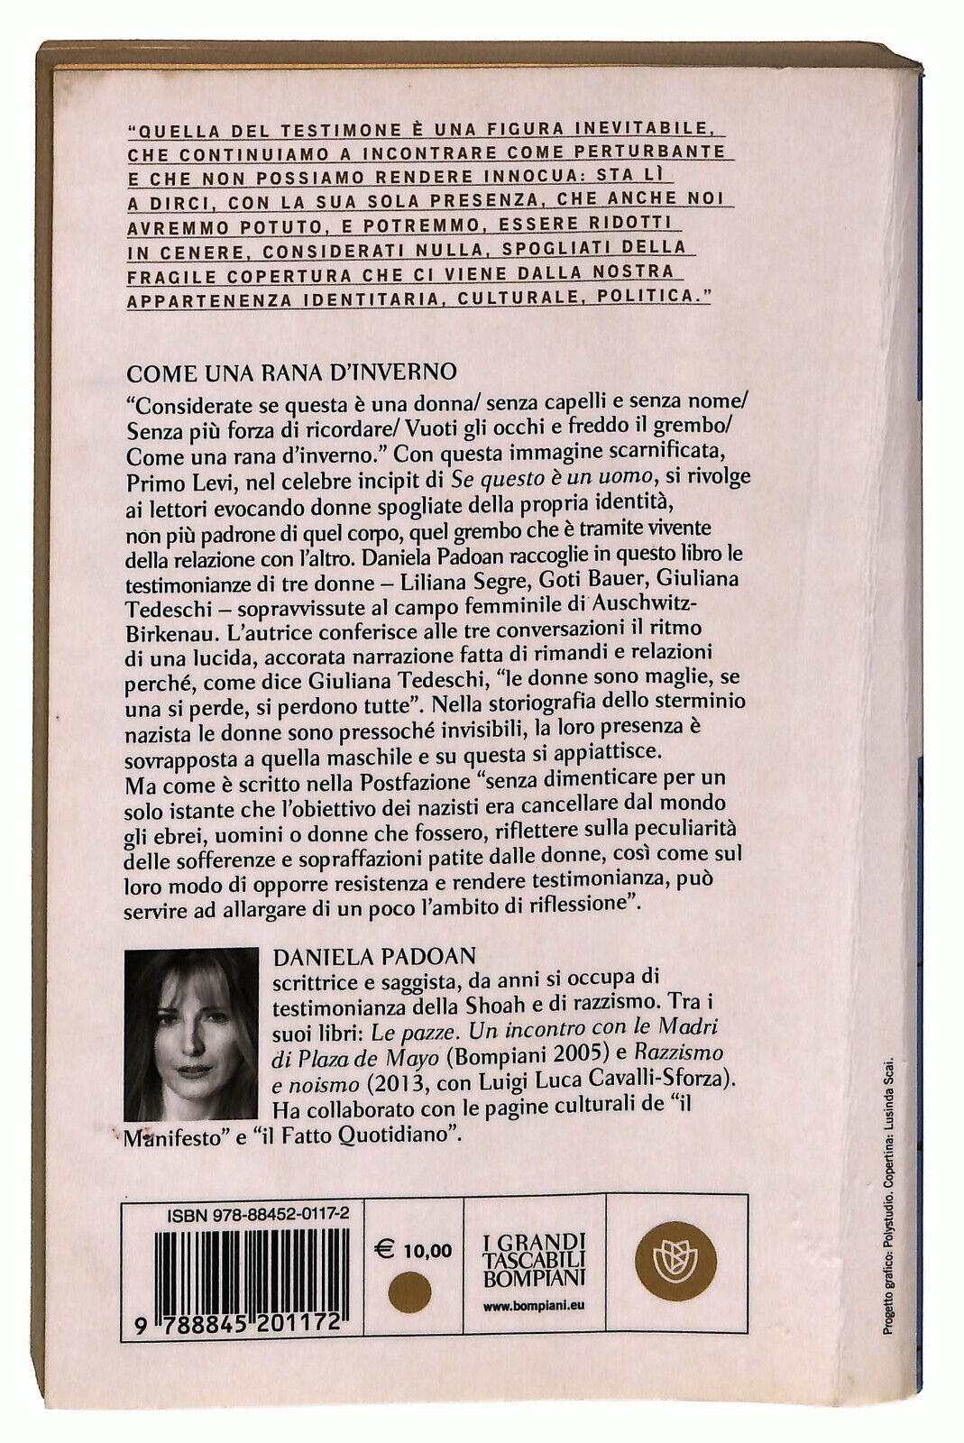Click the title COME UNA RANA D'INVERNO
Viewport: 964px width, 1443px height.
pyautogui.click(x=291, y=372)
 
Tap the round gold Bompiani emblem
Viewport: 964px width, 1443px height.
pyautogui.click(x=675, y=1261)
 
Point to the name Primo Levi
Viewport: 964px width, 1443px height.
pyautogui.click(x=169, y=475)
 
